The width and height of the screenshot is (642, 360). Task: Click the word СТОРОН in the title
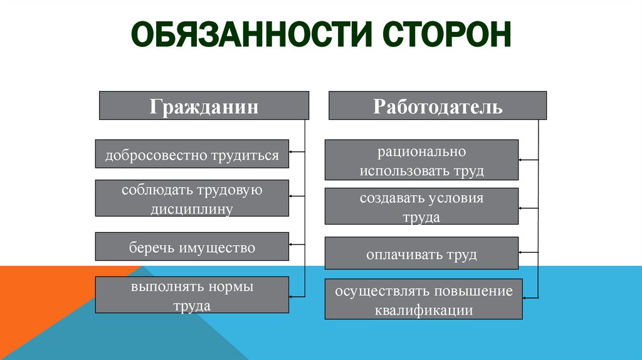(x=443, y=34)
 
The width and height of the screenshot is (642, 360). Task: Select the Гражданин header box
(x=204, y=105)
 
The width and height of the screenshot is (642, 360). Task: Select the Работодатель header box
(x=438, y=105)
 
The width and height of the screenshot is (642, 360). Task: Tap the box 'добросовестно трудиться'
(x=192, y=154)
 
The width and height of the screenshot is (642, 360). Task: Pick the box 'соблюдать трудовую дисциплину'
(x=192, y=198)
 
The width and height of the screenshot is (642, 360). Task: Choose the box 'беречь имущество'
(x=192, y=246)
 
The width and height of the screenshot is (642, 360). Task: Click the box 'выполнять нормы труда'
(x=192, y=295)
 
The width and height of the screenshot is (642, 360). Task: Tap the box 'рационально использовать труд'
(x=421, y=160)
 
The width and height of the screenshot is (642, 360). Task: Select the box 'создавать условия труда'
(x=421, y=206)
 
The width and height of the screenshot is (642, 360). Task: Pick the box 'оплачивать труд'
(x=421, y=254)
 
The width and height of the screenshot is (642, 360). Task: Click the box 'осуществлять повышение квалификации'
(x=423, y=299)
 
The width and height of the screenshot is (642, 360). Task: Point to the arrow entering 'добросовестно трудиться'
(x=297, y=152)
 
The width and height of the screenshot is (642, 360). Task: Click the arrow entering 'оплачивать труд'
(x=528, y=251)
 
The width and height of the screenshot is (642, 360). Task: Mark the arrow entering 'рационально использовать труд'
(x=528, y=161)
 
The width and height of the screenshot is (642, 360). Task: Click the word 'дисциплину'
(x=192, y=208)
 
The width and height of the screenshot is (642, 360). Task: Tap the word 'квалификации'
(x=423, y=309)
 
